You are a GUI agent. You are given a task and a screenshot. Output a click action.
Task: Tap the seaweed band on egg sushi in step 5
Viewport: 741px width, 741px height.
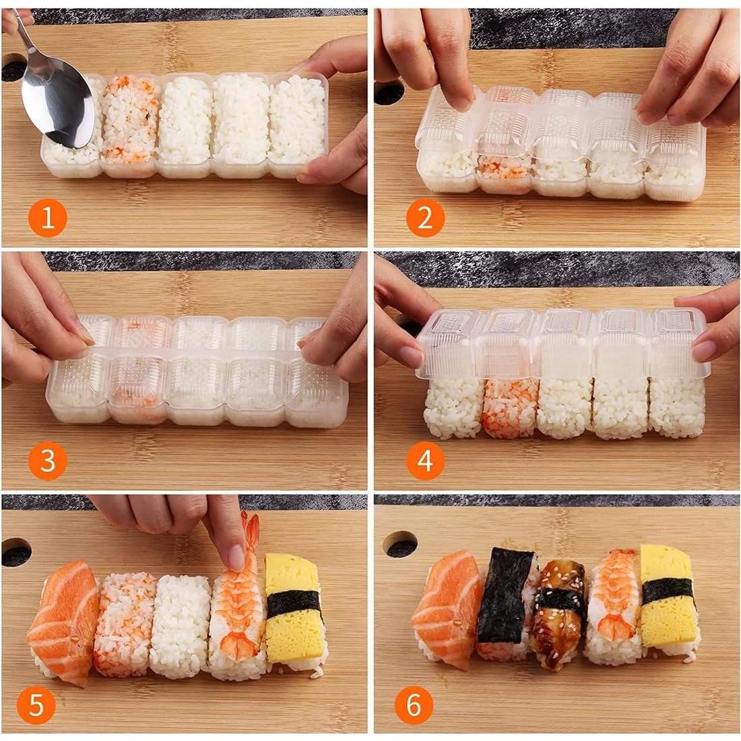(294, 603)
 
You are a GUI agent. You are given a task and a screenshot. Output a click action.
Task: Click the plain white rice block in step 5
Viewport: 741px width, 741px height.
(180, 626)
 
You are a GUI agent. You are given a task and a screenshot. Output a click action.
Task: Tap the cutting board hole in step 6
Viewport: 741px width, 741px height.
(399, 543)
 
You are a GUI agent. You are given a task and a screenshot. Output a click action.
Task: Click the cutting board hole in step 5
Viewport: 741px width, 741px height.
(16, 552)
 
